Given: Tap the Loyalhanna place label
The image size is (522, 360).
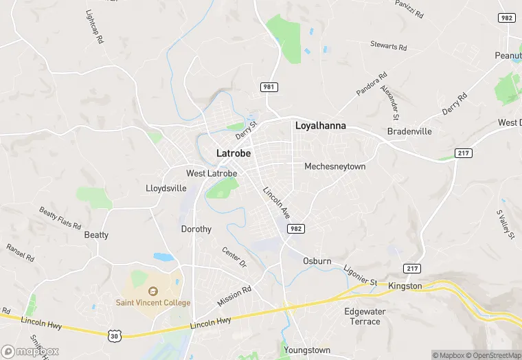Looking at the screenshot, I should (320, 126).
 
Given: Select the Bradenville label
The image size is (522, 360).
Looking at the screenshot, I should (409, 131).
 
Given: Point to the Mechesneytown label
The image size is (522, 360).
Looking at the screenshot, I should (335, 166).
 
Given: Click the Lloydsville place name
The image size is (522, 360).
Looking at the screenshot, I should (166, 188).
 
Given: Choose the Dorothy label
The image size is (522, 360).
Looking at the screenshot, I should (196, 229).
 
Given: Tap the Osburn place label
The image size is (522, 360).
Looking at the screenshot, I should (317, 261).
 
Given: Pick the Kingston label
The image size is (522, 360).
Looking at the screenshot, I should (405, 286).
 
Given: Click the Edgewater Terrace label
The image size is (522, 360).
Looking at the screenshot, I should (362, 316).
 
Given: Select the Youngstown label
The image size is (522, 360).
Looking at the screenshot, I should (307, 350).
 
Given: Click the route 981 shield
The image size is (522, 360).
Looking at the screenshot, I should (269, 87).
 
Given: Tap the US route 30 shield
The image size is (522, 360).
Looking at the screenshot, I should (115, 335).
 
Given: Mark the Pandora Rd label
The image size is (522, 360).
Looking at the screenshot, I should (372, 83).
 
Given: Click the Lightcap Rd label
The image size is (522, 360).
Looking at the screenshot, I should (94, 27).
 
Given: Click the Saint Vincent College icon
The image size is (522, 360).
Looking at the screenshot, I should (153, 291).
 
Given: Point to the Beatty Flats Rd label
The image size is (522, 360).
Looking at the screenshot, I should (60, 218).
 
